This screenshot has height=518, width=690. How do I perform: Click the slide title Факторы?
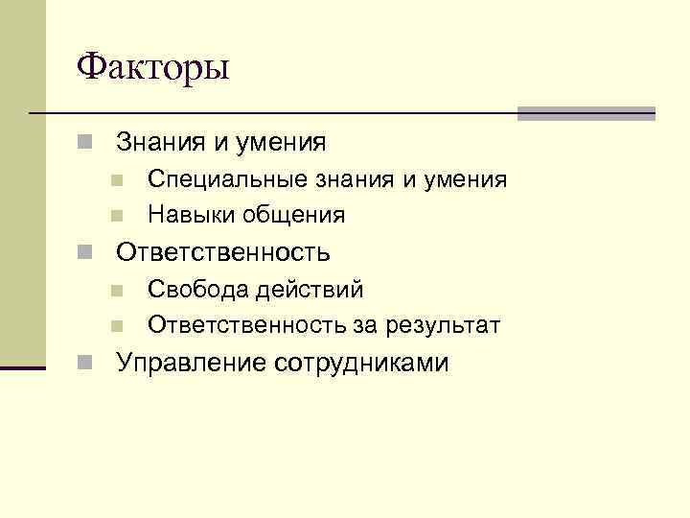pyautogui.click(x=153, y=68)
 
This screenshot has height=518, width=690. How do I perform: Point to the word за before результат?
pyautogui.click(x=366, y=326)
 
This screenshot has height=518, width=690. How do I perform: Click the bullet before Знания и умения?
pyautogui.click(x=85, y=144)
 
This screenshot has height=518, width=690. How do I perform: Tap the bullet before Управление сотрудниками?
pyautogui.click(x=85, y=364)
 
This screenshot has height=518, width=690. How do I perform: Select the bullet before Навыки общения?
pyautogui.click(x=117, y=216)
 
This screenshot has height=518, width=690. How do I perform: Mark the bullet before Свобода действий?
pyautogui.click(x=117, y=291)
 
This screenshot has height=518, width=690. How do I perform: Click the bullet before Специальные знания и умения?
pyautogui.click(x=117, y=180)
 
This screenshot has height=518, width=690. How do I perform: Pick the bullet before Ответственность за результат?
pyautogui.click(x=117, y=327)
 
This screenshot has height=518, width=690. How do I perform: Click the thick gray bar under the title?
pyautogui.click(x=586, y=113)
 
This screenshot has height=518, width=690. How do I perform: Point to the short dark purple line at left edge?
pyautogui.click(x=23, y=367)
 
